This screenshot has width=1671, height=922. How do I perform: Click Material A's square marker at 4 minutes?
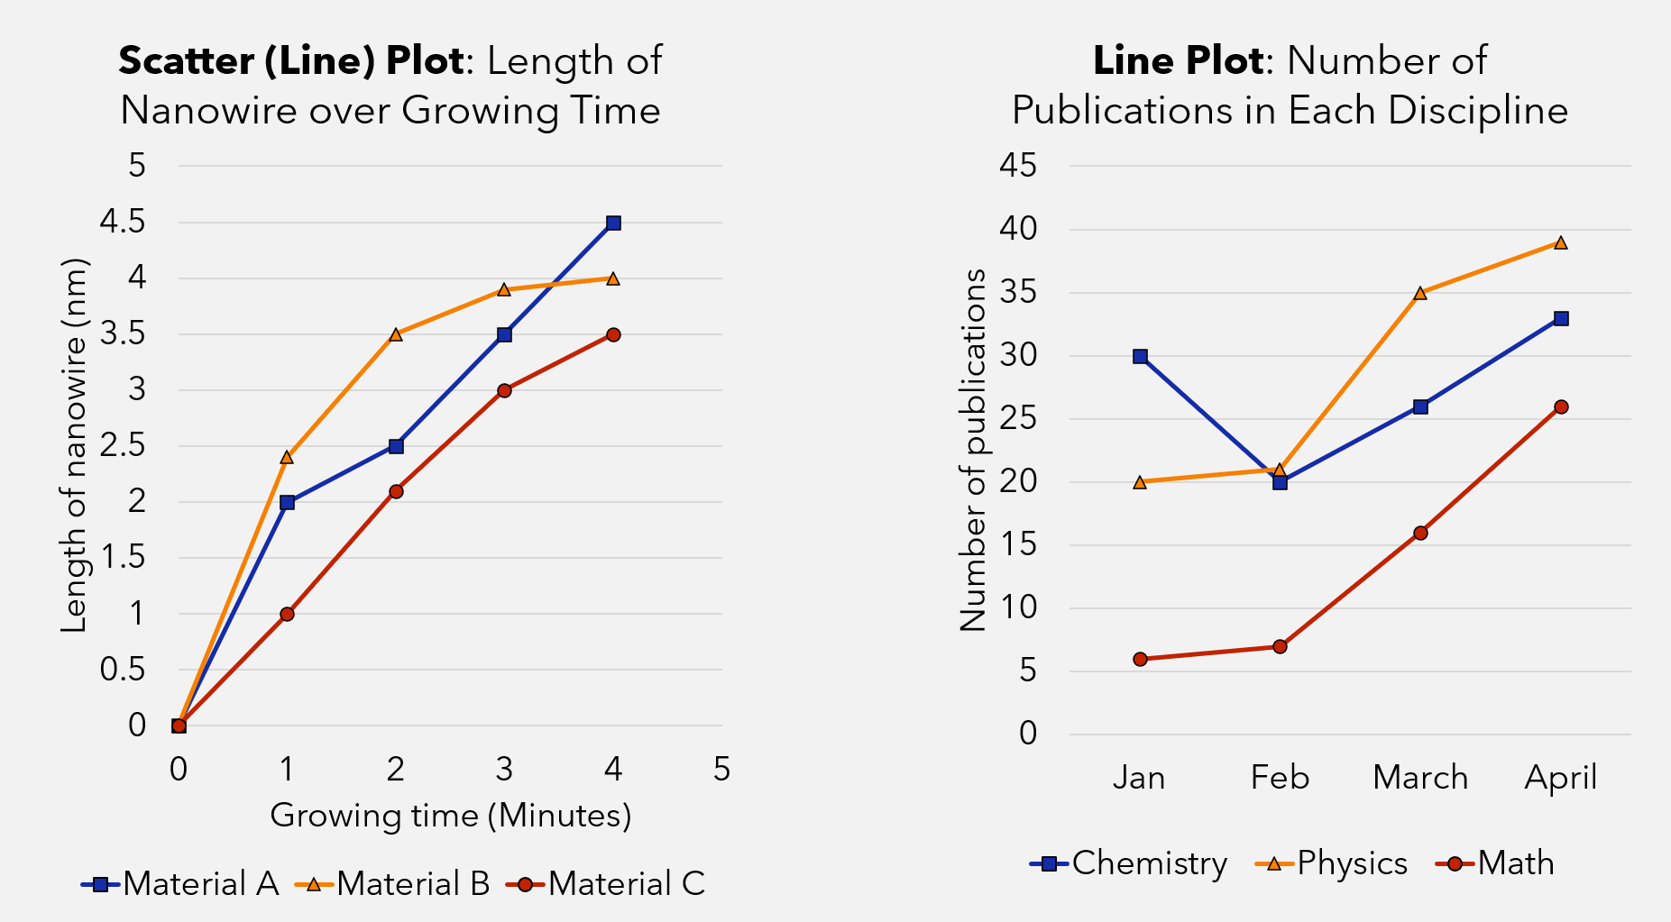point(613,223)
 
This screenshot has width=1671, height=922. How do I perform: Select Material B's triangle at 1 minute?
point(287,457)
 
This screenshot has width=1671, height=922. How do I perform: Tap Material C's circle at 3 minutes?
point(504,390)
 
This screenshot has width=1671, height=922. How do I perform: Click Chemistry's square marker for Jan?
point(1140,356)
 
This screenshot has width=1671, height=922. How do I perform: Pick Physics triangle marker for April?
point(1561,242)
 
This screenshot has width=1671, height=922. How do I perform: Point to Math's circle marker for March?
point(1420,533)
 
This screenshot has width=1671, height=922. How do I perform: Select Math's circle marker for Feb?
point(1280,646)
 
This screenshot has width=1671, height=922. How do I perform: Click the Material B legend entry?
point(393,884)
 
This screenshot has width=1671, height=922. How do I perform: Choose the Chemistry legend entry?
point(1129,863)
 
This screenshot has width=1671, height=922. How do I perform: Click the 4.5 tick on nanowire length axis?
point(125,222)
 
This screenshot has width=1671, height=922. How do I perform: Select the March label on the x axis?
point(1420,777)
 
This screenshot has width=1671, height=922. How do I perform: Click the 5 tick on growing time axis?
point(721,769)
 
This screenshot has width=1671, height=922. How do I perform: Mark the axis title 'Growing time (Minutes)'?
point(450,816)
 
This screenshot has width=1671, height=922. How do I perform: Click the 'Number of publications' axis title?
point(974,449)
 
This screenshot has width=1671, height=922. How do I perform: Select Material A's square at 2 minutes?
point(396,446)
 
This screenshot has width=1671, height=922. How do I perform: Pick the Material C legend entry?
point(606,884)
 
